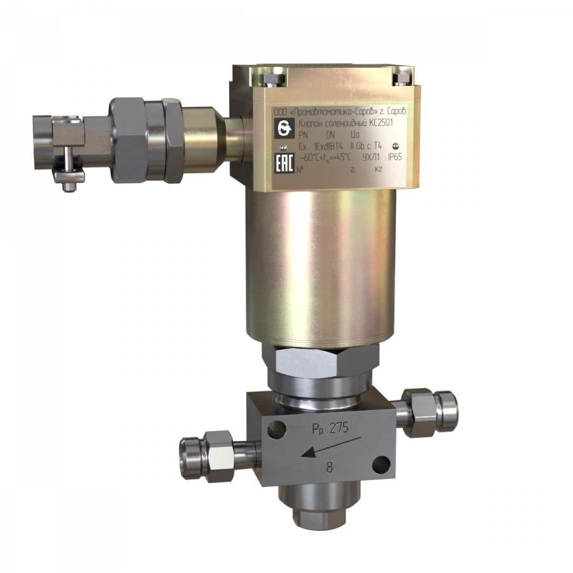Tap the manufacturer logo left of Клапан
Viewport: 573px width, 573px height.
(x=282, y=127)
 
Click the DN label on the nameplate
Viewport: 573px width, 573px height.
(x=330, y=135)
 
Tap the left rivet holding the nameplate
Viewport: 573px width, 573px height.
(x=284, y=146)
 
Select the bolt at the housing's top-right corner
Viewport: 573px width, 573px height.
(x=401, y=79)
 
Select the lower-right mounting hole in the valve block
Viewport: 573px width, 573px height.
(x=381, y=463)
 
